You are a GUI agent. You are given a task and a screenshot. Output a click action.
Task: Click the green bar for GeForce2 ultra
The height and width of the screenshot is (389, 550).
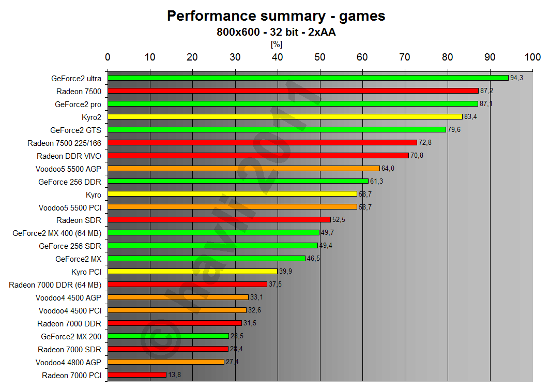308,78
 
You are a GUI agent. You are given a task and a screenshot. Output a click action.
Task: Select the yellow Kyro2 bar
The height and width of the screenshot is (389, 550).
284,117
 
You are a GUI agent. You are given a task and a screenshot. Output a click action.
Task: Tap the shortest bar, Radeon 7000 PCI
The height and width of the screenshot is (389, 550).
137,375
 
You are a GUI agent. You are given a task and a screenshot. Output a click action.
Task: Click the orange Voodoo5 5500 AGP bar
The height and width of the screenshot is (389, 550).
243,169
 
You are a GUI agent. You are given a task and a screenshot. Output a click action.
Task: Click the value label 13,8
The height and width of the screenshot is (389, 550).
175,375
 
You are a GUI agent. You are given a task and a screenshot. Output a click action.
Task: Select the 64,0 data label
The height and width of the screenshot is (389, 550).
388,169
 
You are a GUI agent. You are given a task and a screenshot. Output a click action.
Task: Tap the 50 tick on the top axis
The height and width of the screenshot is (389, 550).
320,57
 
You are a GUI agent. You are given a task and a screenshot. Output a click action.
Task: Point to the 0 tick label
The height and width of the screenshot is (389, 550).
108,57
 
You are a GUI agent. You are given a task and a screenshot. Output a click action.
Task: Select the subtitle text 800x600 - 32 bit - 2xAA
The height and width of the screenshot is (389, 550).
276,32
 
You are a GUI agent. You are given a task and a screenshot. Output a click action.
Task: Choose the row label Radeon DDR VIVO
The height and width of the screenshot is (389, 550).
69,156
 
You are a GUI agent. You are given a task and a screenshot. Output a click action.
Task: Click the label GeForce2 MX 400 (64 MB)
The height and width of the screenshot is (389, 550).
57,233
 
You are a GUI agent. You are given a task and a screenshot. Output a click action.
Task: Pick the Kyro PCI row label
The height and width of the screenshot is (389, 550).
86,272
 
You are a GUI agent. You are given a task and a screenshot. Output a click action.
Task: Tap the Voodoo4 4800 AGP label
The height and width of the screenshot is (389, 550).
68,362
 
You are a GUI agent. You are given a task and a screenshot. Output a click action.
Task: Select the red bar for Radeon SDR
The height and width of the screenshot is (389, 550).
219,220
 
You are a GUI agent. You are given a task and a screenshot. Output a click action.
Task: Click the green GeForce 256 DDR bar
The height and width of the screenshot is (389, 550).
238,182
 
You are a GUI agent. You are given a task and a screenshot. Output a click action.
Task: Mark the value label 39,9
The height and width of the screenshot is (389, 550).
285,272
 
